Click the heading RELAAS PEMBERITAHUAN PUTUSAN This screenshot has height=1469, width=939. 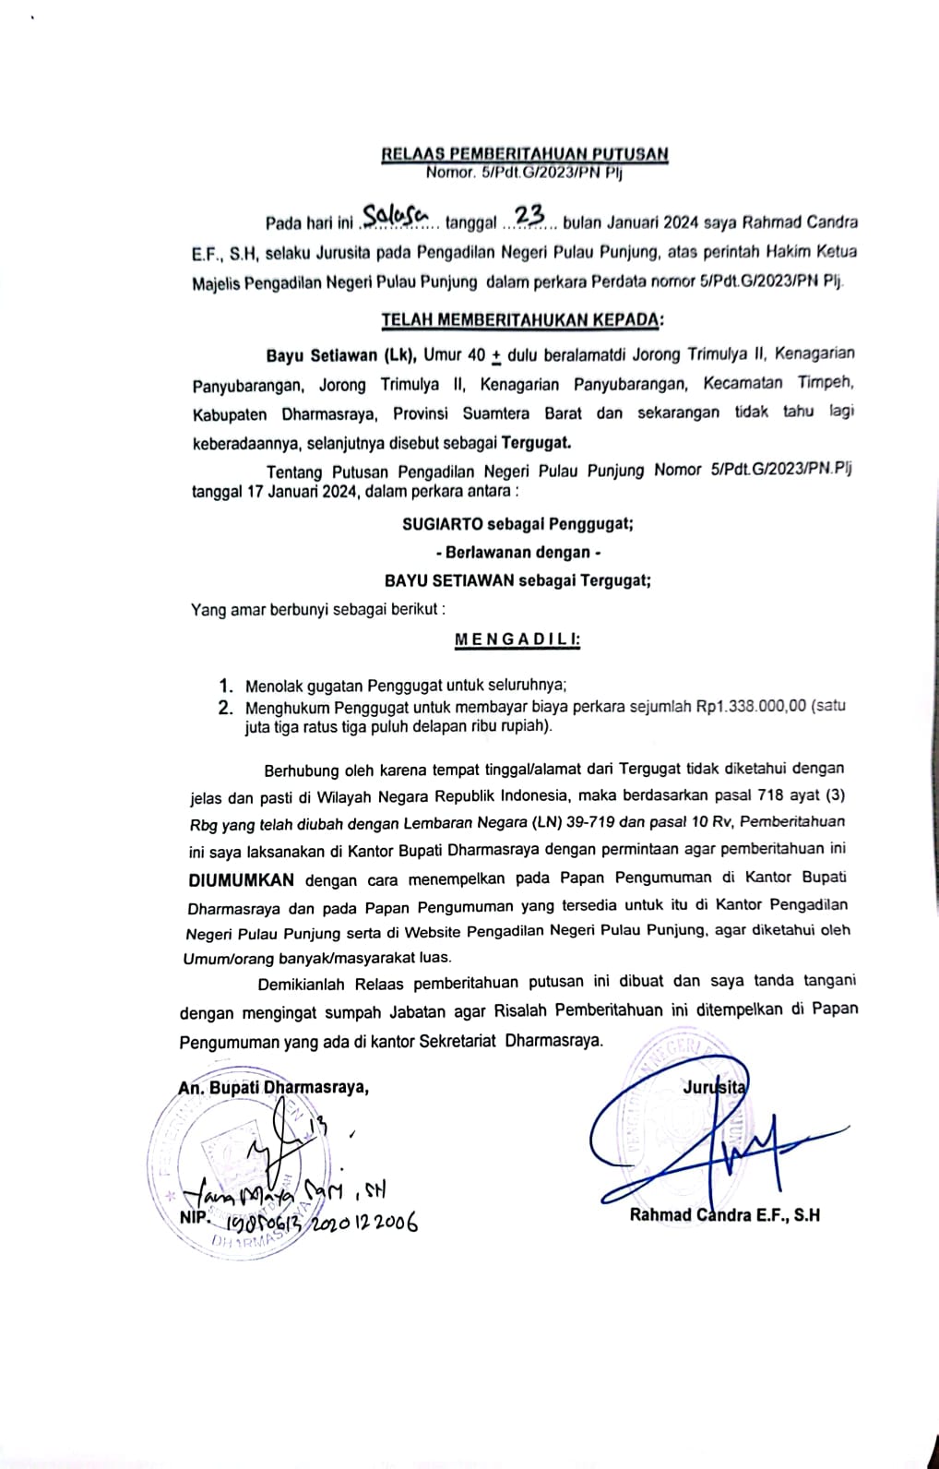524,154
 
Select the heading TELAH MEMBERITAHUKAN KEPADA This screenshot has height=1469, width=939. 522,320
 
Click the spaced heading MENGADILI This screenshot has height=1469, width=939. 517,639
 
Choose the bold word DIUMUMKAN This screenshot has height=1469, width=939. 242,878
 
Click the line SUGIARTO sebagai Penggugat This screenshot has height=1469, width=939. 517,524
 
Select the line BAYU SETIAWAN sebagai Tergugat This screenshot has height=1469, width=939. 517,580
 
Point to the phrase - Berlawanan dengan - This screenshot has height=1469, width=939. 517,552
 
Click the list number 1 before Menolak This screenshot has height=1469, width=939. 225,686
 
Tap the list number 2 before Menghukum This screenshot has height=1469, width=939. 225,708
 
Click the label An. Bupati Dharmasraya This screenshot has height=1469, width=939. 274,1087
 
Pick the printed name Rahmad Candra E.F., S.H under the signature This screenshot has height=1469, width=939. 724,1214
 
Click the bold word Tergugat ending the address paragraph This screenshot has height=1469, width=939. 549,442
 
